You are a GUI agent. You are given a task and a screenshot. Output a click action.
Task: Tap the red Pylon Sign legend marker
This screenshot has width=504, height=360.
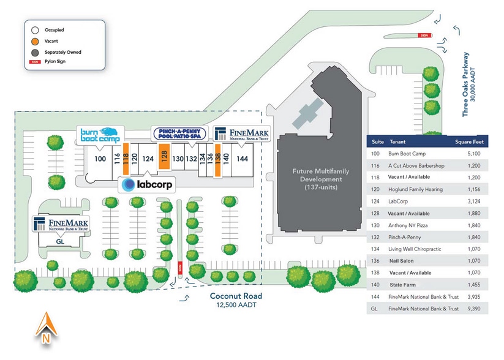coord(36,62)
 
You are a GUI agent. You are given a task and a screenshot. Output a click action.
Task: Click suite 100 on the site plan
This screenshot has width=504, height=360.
coord(100,159)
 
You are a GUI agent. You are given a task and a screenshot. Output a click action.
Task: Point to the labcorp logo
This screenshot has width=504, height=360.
coord(146,184)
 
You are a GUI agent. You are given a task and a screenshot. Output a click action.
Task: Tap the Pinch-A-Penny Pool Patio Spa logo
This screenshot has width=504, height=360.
coord(180,134)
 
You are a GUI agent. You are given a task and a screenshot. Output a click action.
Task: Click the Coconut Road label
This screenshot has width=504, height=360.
coord(236,296)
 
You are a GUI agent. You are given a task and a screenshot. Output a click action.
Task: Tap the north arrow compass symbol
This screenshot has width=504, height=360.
coord(45,328)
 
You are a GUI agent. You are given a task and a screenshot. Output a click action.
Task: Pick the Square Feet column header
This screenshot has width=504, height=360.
coord(470,142)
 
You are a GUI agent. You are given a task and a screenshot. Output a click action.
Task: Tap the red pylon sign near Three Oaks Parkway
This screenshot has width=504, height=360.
coord(423,35)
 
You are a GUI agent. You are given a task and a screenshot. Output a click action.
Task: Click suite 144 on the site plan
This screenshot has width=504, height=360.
coord(243,159)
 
